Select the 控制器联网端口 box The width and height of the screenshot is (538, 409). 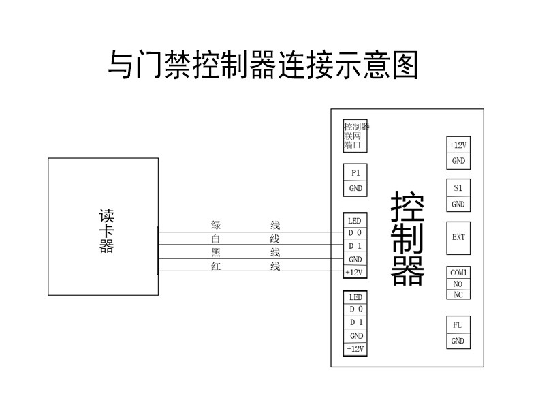click(355, 136)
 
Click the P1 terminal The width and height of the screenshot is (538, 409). click(355, 173)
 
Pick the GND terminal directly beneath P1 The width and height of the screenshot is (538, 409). click(355, 189)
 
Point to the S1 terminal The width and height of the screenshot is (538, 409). click(458, 187)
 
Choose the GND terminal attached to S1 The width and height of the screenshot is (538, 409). click(458, 204)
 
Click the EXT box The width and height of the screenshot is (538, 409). click(458, 237)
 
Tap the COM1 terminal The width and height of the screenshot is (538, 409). click(458, 273)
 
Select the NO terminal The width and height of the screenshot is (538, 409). click(458, 284)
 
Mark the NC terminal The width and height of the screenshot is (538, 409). click(458, 294)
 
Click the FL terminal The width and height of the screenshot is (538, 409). click(458, 325)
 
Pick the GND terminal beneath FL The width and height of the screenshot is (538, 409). click(458, 341)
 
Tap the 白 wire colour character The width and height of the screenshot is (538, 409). click(216, 239)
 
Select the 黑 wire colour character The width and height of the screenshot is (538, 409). click(216, 253)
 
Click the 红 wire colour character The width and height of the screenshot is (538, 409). click(216, 267)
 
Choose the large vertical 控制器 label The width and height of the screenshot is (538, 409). click(407, 237)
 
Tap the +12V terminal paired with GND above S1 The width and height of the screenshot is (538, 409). click(458, 145)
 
